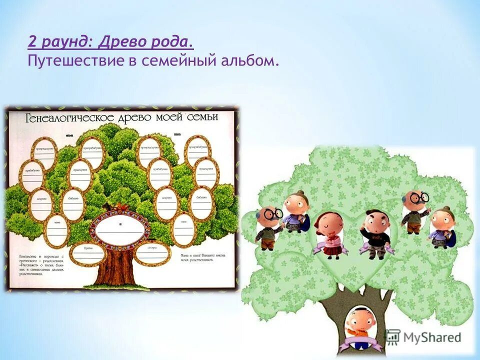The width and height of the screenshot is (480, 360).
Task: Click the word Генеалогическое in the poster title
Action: [63, 118]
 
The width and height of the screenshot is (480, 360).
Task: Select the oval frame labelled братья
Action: [88, 253]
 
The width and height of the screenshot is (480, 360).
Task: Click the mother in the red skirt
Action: [330, 235]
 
